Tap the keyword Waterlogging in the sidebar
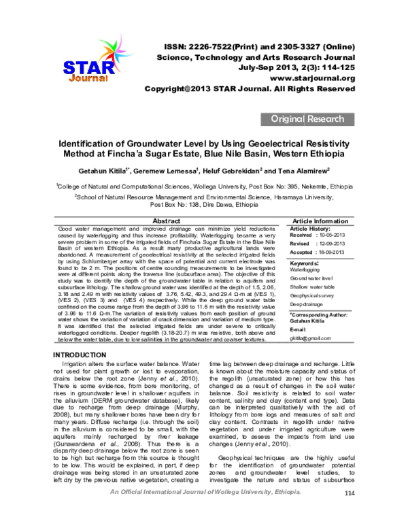tap(305, 269)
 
